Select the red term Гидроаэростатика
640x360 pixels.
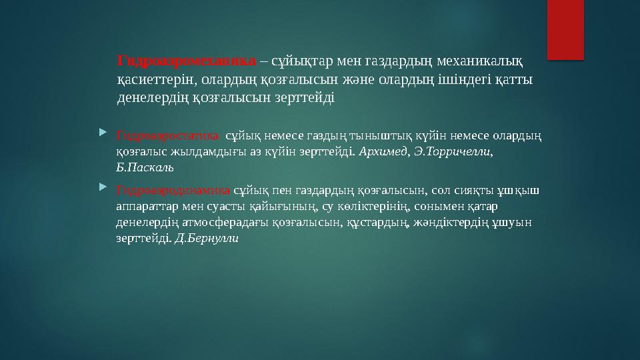pos(167,136)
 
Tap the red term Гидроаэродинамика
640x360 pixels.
pos(173,189)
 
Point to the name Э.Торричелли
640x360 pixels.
pos(453,152)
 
